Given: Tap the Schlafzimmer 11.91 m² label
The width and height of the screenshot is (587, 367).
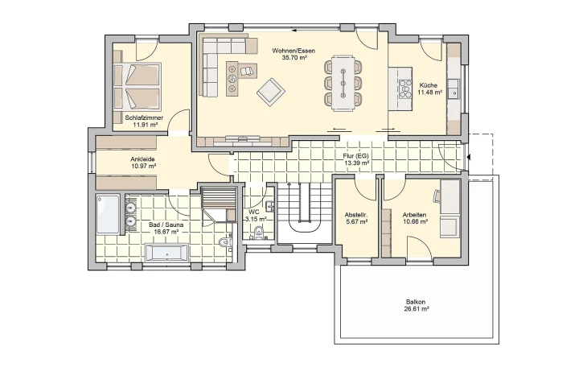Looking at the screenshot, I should tap(145, 121).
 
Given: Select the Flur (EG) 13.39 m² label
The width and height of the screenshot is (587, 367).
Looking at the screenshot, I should tap(355, 159).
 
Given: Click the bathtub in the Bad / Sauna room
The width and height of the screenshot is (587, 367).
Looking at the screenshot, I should tap(166, 253).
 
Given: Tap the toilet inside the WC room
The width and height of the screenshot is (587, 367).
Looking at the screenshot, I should tap(257, 233).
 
